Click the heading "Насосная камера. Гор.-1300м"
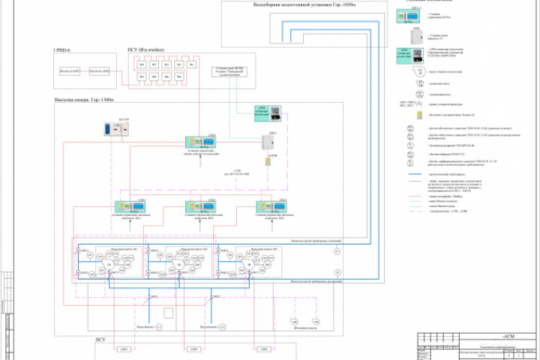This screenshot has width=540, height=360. [x=83, y=99]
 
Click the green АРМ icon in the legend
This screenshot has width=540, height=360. [x=407, y=53]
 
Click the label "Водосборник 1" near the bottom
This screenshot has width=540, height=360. [x=155, y=328]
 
